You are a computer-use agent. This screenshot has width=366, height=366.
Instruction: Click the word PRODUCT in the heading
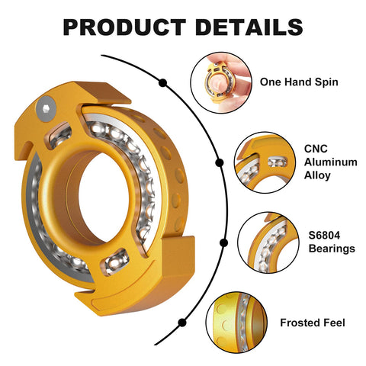coord(124,27)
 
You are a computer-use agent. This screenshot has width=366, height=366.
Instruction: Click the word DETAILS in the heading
coord(249,27)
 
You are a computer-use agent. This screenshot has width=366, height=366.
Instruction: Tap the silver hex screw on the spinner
coord(46,108)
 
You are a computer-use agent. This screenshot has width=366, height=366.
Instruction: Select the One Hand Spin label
coord(299,82)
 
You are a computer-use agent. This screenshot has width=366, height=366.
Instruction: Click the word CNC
coord(316,149)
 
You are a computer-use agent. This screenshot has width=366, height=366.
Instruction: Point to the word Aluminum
coord(331,162)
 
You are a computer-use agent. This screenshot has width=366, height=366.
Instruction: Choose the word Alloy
coord(317,175)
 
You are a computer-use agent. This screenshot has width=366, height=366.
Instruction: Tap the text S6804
coord(324,236)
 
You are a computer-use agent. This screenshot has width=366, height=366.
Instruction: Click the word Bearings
coord(332,249)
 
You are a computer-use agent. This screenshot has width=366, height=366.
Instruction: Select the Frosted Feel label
coord(313,323)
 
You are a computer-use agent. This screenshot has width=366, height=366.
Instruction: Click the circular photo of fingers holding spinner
coord(221,82)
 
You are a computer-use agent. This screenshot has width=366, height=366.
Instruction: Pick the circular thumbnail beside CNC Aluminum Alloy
coord(265,162)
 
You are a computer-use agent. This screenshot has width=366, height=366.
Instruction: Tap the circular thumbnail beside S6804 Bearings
coord(268,243)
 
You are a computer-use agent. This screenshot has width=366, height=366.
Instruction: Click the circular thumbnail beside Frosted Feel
coord(236,323)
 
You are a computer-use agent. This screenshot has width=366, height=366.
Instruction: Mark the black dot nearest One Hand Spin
coord(162,83)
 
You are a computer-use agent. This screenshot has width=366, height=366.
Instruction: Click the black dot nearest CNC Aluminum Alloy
coord(220,162)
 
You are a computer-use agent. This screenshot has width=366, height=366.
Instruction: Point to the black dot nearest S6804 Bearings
coord(223,243)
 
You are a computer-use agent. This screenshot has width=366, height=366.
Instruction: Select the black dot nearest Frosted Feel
coord(182,323)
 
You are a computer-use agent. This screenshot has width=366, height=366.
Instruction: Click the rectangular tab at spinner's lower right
coord(178,254)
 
